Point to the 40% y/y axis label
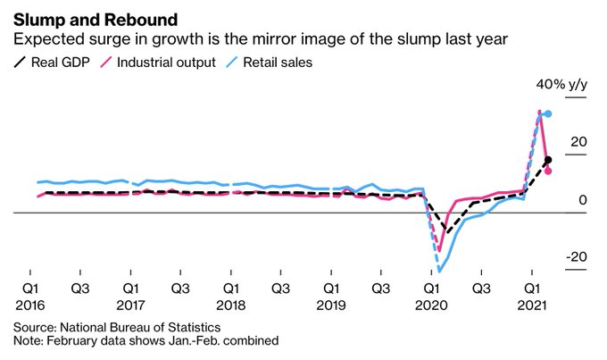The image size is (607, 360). pos(561,84)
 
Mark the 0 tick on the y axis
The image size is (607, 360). pos(582,200)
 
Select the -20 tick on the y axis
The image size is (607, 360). pos(576,257)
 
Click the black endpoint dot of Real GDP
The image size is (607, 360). pos(548,160)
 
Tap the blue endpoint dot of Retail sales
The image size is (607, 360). pos(548,113)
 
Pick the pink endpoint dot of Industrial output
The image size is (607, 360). pos(548,171)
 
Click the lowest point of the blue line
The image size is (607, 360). pos(439,271)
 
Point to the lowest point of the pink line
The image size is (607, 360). pos(439,250)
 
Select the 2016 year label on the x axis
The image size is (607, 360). pos(31,305)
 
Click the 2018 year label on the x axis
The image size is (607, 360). pos(231,305)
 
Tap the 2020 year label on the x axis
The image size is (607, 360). pos(431,305)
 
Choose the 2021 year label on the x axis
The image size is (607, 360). pos(532,305)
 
